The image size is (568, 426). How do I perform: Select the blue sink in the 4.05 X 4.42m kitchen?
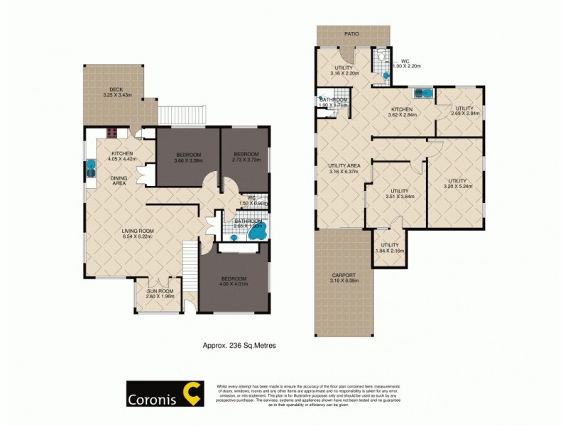[91, 168]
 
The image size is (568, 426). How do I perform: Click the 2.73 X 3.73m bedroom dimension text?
[244, 160]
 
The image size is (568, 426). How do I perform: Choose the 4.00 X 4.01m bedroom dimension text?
[234, 284]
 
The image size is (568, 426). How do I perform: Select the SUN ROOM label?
[155, 291]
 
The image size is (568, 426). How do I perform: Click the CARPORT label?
[343, 275]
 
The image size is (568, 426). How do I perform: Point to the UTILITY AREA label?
[344, 166]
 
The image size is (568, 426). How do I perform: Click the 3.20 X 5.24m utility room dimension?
[458, 187]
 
